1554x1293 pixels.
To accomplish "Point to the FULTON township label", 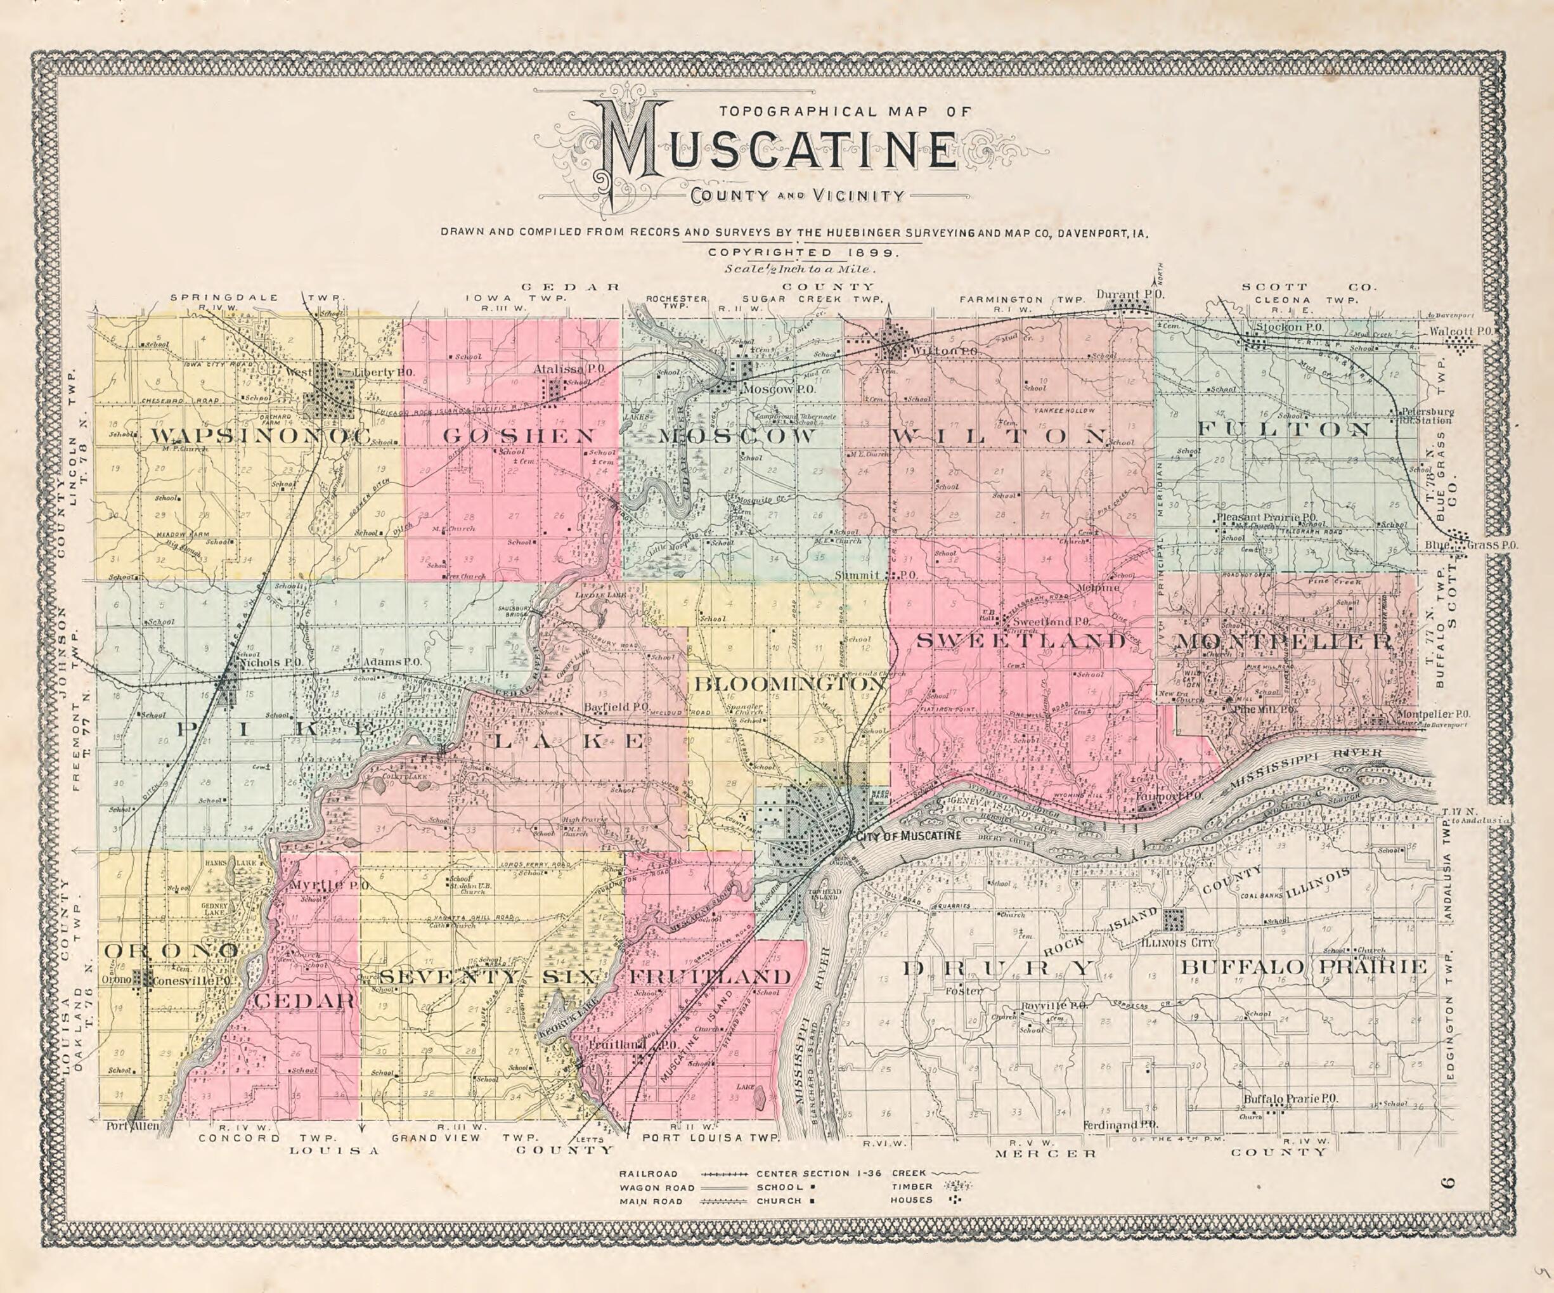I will [1284, 429].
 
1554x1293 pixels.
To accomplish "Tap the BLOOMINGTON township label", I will [788, 685].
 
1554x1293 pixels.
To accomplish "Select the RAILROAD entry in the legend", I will [649, 1174].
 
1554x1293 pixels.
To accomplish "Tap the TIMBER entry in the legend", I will [912, 1186].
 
